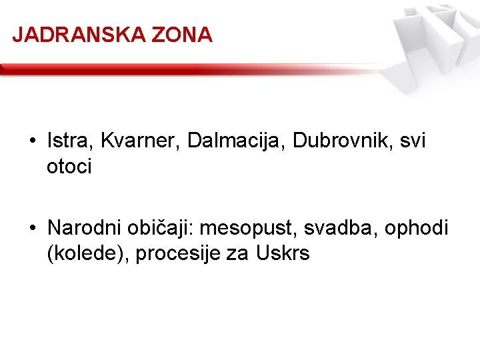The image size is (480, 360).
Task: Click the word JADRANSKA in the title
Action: pyautogui.click(x=79, y=35)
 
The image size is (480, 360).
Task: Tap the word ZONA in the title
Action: pyautogui.click(x=181, y=35)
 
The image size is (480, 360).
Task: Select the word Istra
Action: pyautogui.click(x=67, y=141)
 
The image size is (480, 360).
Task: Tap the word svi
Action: pyautogui.click(x=412, y=141)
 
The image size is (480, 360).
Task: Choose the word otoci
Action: pyautogui.click(x=69, y=166)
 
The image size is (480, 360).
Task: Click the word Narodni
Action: pyautogui.click(x=83, y=229)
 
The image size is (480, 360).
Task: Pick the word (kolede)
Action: pyautogui.click(x=88, y=254)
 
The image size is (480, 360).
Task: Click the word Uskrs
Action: pyautogui.click(x=283, y=254)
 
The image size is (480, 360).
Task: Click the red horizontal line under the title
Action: pyautogui.click(x=167, y=69)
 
